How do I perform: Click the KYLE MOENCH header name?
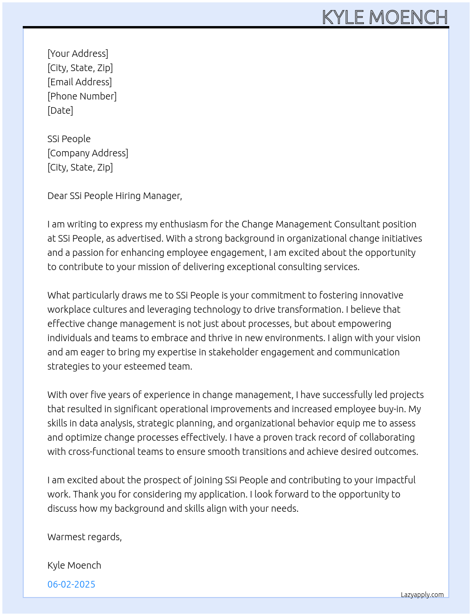[x=385, y=18]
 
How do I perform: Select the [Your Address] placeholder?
[x=78, y=54]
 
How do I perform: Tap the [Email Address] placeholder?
[x=80, y=82]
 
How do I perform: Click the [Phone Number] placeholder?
[x=82, y=96]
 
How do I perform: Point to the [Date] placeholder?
[x=60, y=110]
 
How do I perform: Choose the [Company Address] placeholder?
[x=88, y=153]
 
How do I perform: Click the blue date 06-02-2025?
[x=71, y=584]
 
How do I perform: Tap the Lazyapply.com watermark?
[x=422, y=595]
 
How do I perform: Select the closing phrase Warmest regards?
[x=84, y=537]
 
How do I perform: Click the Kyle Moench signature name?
[x=74, y=565]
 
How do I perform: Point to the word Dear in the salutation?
[x=57, y=196]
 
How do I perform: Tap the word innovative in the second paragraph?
[x=381, y=295]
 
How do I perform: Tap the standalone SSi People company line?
[x=69, y=139]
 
